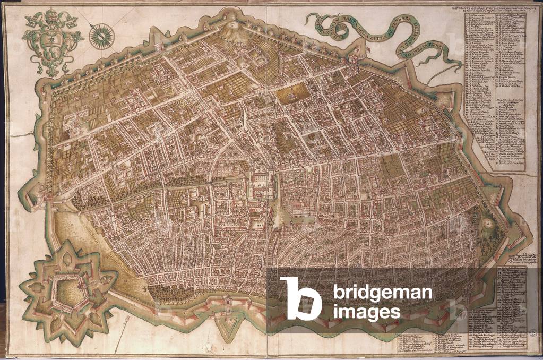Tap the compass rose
(99, 34)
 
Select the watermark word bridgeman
(382, 293)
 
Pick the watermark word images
(366, 312)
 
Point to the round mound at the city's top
(231, 29)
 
